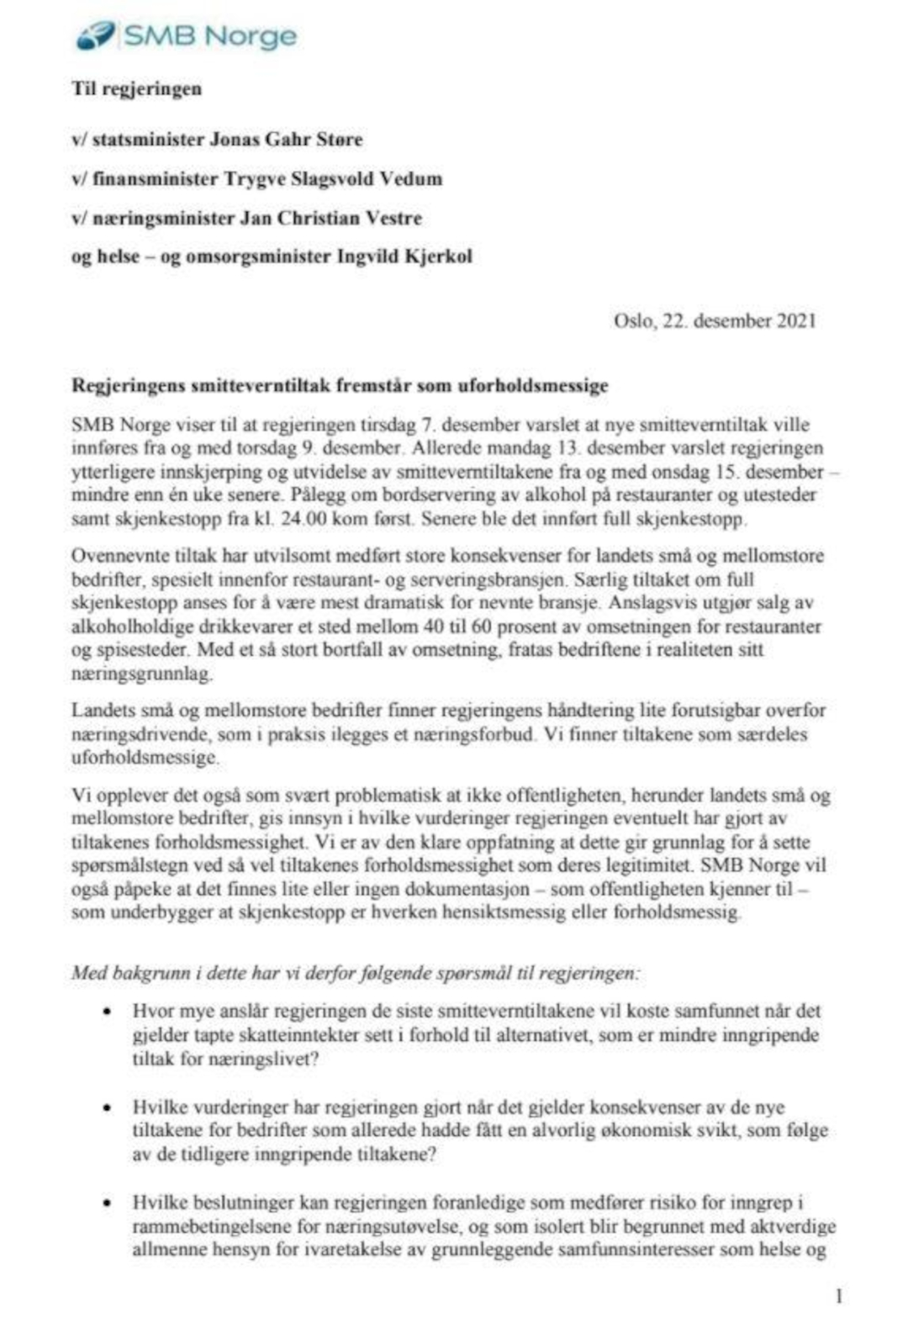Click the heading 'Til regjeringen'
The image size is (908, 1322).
click(136, 88)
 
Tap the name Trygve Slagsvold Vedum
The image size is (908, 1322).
click(332, 178)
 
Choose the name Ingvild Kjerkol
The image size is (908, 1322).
click(404, 256)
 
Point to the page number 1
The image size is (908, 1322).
click(838, 1296)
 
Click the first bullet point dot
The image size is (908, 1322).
click(107, 1012)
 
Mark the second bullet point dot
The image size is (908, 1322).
click(107, 1108)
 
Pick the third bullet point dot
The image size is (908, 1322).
click(107, 1203)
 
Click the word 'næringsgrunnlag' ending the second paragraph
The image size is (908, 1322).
click(141, 674)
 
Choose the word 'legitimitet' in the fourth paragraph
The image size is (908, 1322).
click(641, 865)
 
